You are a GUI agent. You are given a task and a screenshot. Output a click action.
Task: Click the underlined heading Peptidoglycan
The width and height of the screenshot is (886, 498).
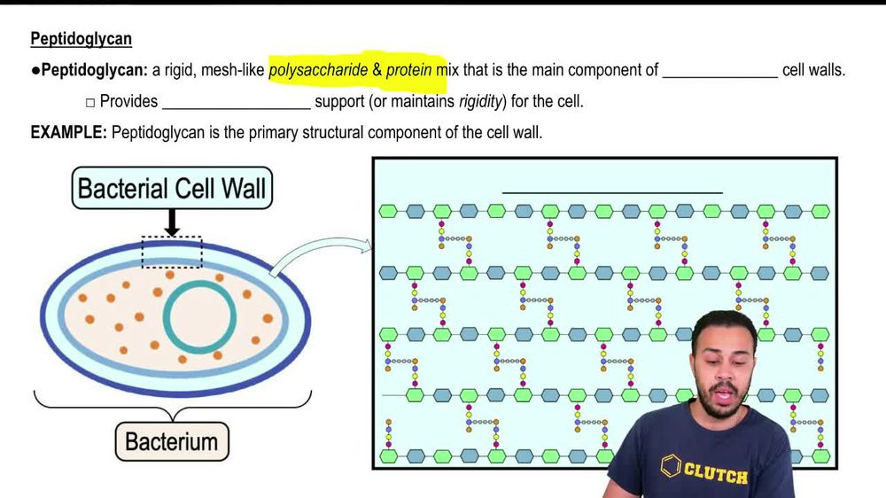[x=81, y=39]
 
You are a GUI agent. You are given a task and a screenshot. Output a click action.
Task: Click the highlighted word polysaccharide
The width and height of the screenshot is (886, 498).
[x=318, y=70]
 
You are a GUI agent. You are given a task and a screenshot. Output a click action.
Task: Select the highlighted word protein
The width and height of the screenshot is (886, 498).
[x=409, y=70]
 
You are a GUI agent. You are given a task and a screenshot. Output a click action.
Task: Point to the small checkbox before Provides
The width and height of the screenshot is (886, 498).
[x=89, y=102]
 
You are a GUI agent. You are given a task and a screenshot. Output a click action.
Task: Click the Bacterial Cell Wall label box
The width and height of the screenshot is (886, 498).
[x=172, y=188]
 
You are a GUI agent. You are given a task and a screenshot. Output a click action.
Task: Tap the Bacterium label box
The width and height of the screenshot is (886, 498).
[x=172, y=440]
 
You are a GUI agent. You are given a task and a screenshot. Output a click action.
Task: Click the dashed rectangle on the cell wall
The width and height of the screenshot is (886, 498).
[x=172, y=252]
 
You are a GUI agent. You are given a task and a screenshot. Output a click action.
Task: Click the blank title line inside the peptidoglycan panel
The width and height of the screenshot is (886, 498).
[x=612, y=191]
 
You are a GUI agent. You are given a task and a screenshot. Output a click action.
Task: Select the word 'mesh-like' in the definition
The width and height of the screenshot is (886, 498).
[x=234, y=70]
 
